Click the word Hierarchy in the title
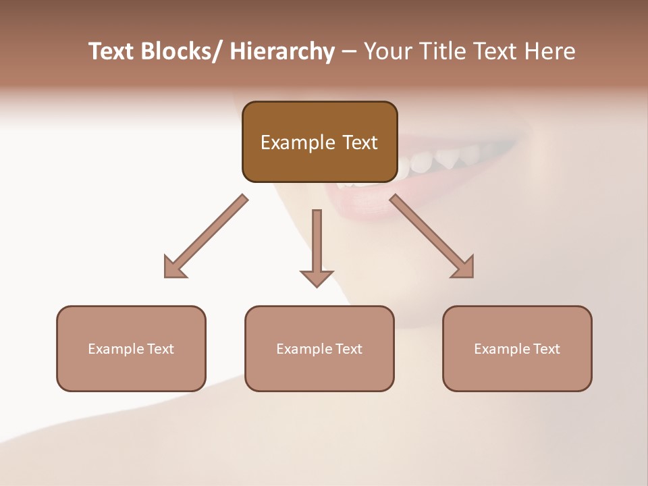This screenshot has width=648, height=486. click(x=282, y=52)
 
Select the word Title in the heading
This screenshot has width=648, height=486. click(x=443, y=52)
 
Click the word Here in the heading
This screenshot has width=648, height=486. click(x=549, y=52)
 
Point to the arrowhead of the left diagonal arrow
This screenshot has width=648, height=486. click(x=173, y=268)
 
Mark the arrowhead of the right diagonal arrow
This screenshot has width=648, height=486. click(x=464, y=268)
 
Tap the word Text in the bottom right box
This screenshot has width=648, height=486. click(x=546, y=349)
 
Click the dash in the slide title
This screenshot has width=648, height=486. click(x=349, y=52)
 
